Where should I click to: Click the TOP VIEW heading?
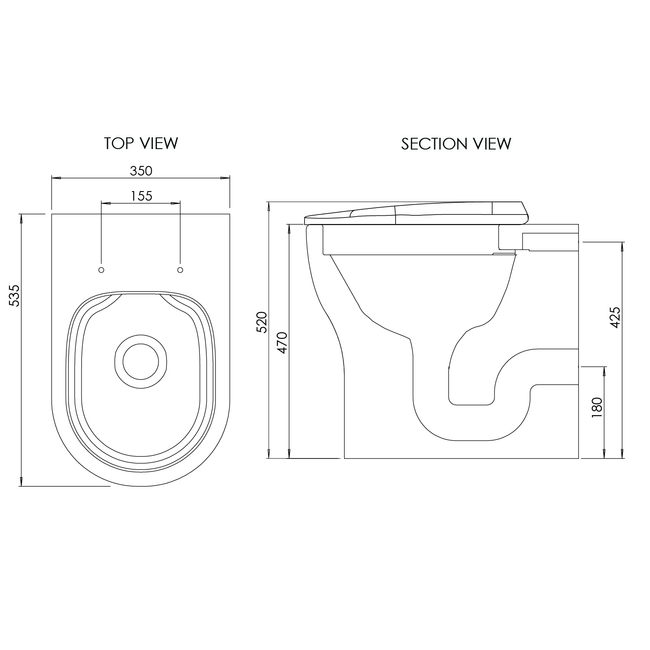pyautogui.click(x=141, y=143)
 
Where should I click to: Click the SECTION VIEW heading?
pyautogui.click(x=456, y=144)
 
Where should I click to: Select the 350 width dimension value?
pyautogui.click(x=141, y=171)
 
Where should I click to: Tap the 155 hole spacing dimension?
pyautogui.click(x=142, y=196)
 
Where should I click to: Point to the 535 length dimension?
pyautogui.click(x=14, y=296)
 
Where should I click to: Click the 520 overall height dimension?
pyautogui.click(x=262, y=322)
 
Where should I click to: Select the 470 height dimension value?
pyautogui.click(x=282, y=342)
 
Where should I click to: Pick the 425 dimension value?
pyautogui.click(x=615, y=317)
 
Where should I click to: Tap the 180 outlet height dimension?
pyautogui.click(x=597, y=408)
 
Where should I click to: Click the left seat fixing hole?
pyautogui.click(x=101, y=270)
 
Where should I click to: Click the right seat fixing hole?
pyautogui.click(x=180, y=270)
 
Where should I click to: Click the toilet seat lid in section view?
pyautogui.click(x=416, y=213)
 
